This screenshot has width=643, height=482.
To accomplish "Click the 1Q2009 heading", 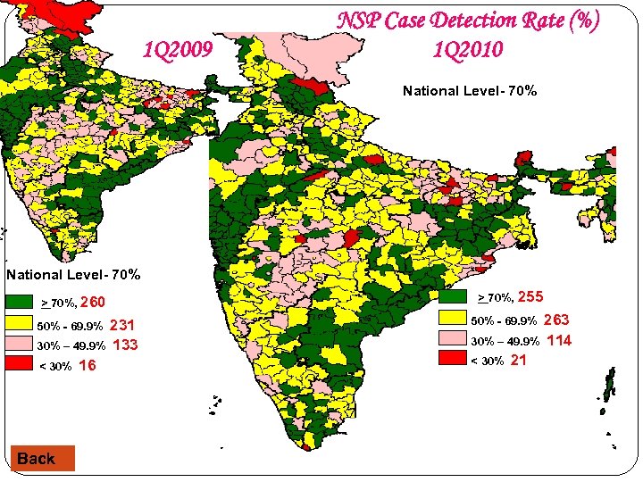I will point(178,50).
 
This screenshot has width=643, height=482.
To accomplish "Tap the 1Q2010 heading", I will point(468,50).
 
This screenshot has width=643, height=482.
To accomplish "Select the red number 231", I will point(122,326).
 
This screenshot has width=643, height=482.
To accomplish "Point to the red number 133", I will point(125,345).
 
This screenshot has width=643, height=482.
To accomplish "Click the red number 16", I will point(88,365).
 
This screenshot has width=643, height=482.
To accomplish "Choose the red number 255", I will point(530,297).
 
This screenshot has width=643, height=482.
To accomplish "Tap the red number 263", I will point(556,320).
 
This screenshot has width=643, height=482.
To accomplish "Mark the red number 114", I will point(559,340).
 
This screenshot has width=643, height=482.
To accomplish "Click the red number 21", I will point(519,360).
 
